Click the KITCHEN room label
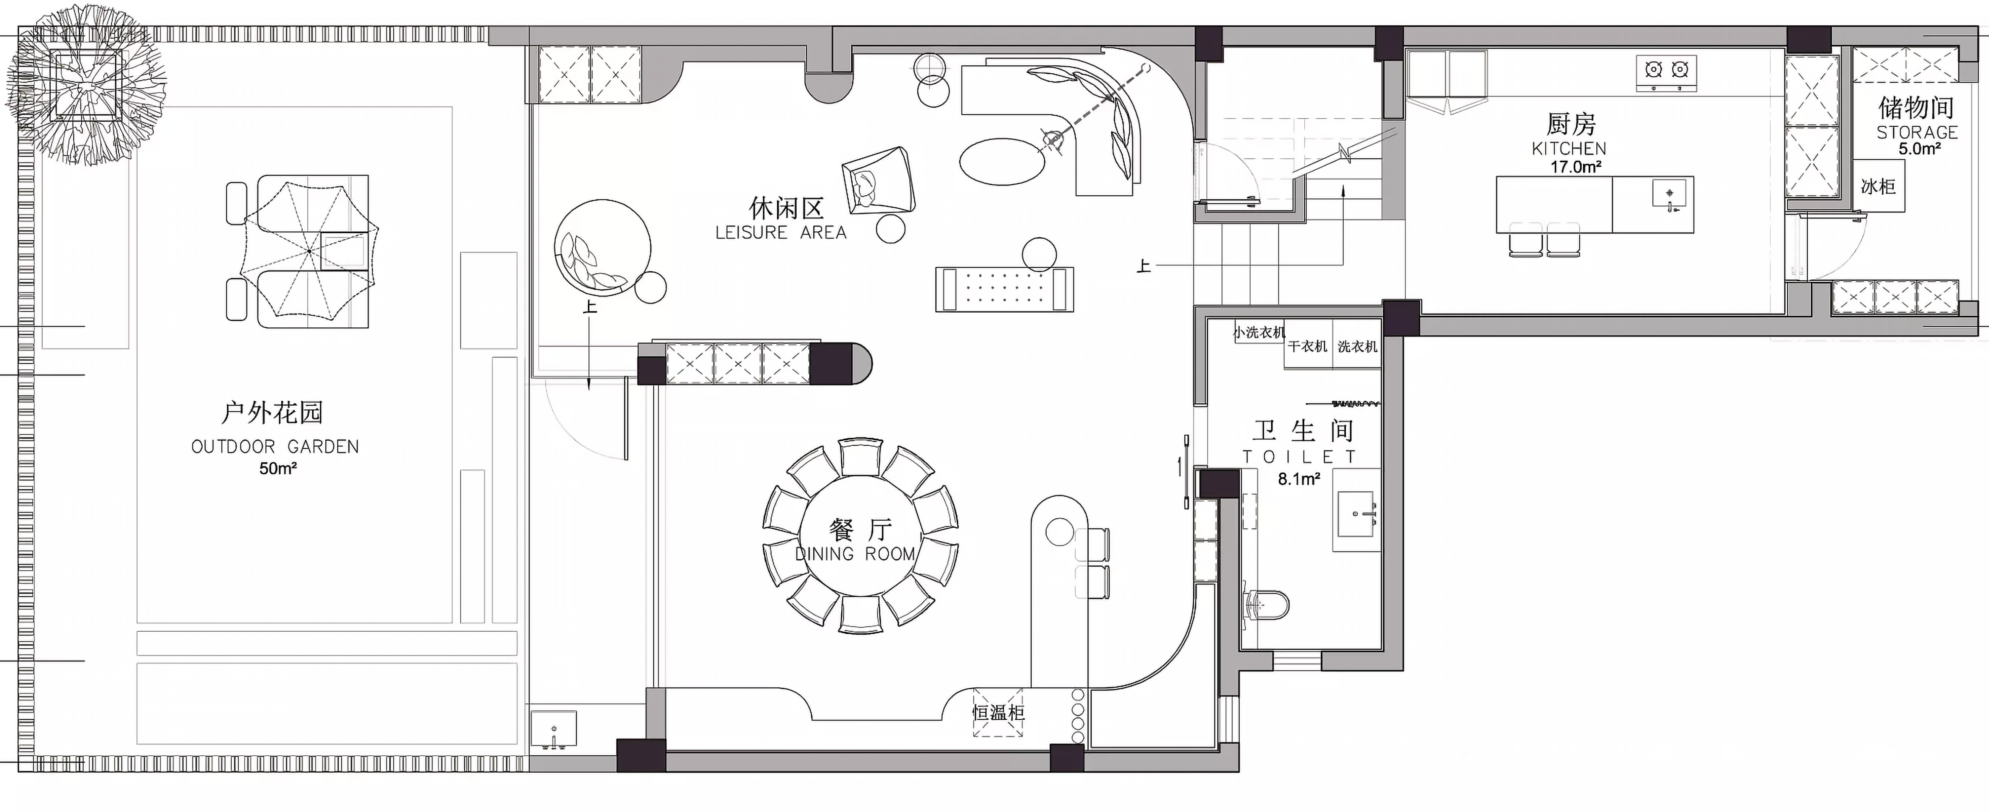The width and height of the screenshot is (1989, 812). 1569,148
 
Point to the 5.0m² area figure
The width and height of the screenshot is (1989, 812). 1920,149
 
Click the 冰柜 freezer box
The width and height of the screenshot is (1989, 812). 1879,186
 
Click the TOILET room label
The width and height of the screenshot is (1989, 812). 1299,457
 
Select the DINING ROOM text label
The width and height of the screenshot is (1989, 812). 856,553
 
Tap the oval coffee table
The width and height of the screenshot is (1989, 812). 1002,161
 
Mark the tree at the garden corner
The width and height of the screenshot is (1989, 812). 85,85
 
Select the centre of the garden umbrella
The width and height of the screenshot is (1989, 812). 309,251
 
